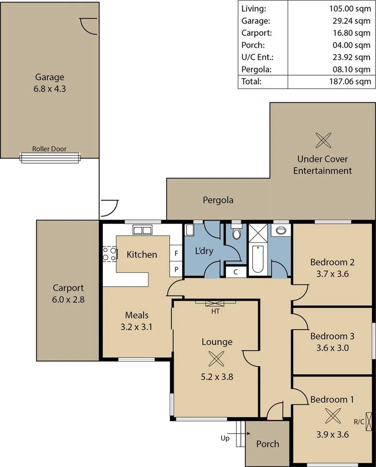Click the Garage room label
(x=49, y=77)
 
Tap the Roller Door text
(x=49, y=149)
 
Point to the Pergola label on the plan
(x=218, y=199)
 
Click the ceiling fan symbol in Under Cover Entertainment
(x=322, y=140)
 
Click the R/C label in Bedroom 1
(x=359, y=422)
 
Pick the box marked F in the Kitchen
(x=176, y=253)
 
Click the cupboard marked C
(x=235, y=272)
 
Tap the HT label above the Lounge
(x=216, y=312)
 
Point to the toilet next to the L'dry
(x=236, y=233)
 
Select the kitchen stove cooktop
(x=110, y=254)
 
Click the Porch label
(x=267, y=444)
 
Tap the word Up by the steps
(x=225, y=438)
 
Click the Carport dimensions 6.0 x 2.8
(x=68, y=300)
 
